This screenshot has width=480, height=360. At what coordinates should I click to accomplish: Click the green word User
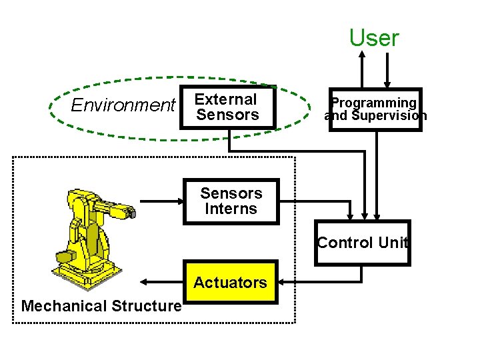(x=374, y=38)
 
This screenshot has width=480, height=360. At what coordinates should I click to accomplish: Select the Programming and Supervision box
(x=375, y=109)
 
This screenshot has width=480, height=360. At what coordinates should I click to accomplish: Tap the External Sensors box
(x=227, y=107)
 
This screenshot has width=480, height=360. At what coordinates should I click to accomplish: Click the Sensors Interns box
(x=231, y=201)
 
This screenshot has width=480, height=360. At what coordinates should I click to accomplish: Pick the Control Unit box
(x=362, y=243)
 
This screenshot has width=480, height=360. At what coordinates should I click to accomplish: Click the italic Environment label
(x=122, y=105)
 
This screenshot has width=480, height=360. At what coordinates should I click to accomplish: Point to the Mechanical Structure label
(x=101, y=306)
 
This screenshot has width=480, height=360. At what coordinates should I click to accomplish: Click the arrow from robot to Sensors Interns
(x=160, y=201)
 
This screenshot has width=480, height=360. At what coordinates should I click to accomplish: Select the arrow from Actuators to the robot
(x=160, y=283)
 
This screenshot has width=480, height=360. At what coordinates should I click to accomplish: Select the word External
(x=226, y=99)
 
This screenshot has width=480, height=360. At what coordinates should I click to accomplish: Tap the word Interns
(x=231, y=209)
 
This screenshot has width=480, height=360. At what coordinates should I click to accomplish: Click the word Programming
(x=374, y=103)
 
